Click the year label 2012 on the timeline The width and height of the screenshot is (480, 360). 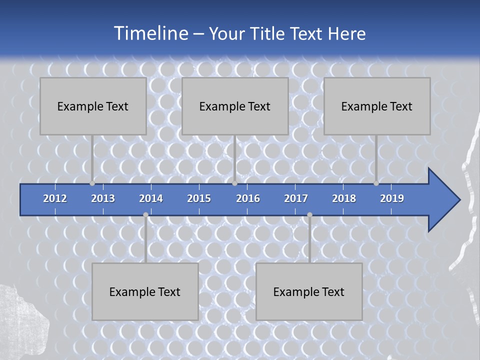[55, 198]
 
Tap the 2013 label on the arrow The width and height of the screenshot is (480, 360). [103, 198]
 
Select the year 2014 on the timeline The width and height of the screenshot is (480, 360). [151, 198]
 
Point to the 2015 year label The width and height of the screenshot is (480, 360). [199, 198]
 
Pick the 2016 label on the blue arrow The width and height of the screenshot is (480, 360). [248, 198]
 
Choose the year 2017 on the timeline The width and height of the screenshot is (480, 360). [296, 198]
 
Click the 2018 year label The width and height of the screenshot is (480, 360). [344, 198]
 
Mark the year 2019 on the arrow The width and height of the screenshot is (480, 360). [392, 198]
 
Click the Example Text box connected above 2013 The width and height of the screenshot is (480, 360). [93, 106]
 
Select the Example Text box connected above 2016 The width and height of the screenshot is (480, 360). [235, 106]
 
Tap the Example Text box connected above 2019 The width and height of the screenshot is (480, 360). [377, 106]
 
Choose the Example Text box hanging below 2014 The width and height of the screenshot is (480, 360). [145, 291]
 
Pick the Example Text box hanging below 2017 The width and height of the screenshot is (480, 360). [309, 291]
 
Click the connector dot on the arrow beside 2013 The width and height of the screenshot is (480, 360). [92, 183]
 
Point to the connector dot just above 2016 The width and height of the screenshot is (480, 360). [235, 183]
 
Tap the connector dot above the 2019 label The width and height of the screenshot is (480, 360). [376, 183]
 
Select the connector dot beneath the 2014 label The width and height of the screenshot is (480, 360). [145, 214]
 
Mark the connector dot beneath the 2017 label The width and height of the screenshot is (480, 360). [309, 214]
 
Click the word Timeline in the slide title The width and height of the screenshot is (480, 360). [150, 33]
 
